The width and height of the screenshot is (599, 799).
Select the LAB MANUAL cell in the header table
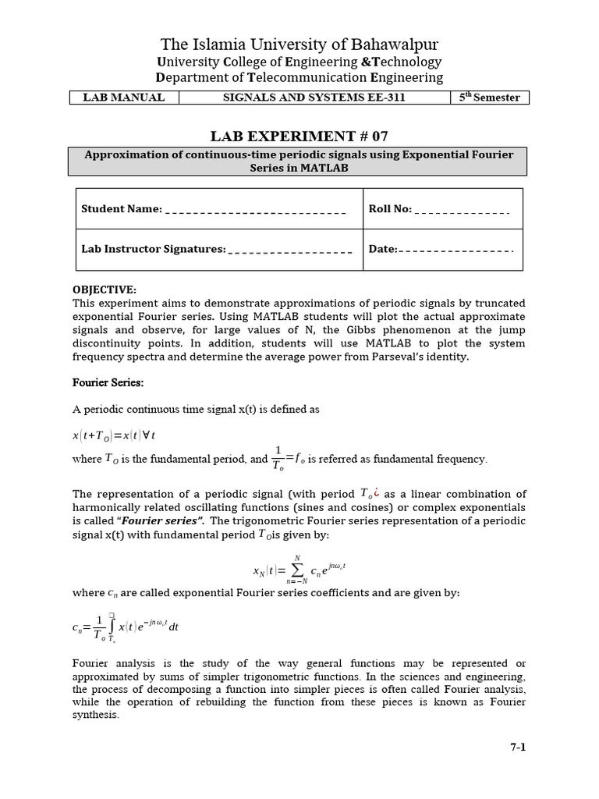point(125,98)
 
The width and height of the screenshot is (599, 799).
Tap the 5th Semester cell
point(490,98)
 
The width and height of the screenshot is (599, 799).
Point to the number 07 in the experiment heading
point(380,136)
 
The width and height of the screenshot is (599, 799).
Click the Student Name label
point(121,209)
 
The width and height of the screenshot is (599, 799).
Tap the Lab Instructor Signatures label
point(153,250)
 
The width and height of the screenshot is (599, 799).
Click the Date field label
point(382,250)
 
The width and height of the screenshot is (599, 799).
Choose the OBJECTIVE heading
point(105,289)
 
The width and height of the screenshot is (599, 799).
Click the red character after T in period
point(377,492)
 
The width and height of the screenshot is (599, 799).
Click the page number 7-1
point(518,748)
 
